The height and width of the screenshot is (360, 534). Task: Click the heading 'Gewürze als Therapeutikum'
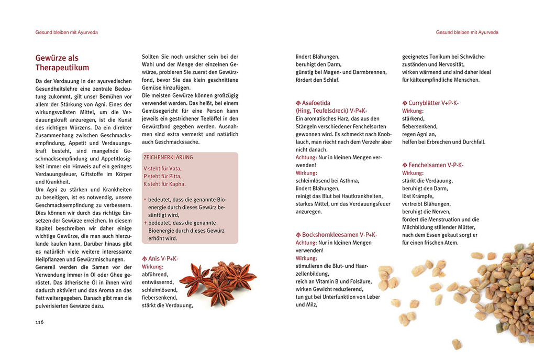click(x=62, y=63)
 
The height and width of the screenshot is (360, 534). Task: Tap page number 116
click(x=39, y=322)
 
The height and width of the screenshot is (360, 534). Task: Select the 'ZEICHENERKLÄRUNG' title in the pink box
click(x=168, y=157)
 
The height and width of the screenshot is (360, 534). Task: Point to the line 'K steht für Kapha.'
click(x=165, y=184)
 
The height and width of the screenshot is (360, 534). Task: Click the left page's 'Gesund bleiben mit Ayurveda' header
click(x=66, y=32)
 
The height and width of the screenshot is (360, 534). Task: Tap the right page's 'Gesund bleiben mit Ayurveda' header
click(x=467, y=32)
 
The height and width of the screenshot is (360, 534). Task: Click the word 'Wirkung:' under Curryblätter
click(x=413, y=111)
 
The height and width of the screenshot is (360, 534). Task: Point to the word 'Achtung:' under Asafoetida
click(x=306, y=157)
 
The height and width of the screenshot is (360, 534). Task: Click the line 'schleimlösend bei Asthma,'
click(x=327, y=181)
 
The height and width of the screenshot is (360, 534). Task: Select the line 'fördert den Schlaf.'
click(x=317, y=80)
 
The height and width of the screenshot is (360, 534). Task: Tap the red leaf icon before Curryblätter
click(x=405, y=103)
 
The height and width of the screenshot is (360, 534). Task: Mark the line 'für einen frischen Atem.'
click(x=430, y=243)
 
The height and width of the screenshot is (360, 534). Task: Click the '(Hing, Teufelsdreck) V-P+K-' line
click(x=331, y=111)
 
